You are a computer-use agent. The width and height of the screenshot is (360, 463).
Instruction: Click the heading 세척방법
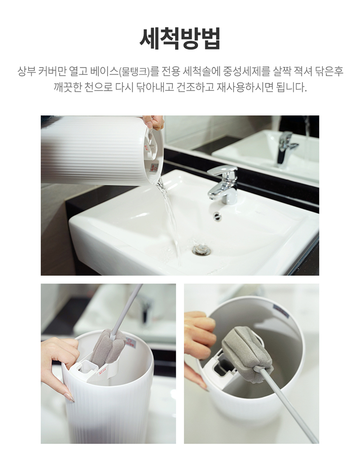180,38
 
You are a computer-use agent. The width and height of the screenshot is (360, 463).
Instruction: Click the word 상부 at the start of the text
27,71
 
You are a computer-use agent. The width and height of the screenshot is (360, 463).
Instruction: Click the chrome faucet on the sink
223,184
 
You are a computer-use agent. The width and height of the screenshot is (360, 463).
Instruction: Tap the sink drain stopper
202,250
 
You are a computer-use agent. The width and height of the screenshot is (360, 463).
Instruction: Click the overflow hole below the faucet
217,215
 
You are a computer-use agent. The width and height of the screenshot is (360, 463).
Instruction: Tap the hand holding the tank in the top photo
153,122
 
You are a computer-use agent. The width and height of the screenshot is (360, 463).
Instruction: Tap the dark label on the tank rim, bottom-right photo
281,311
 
